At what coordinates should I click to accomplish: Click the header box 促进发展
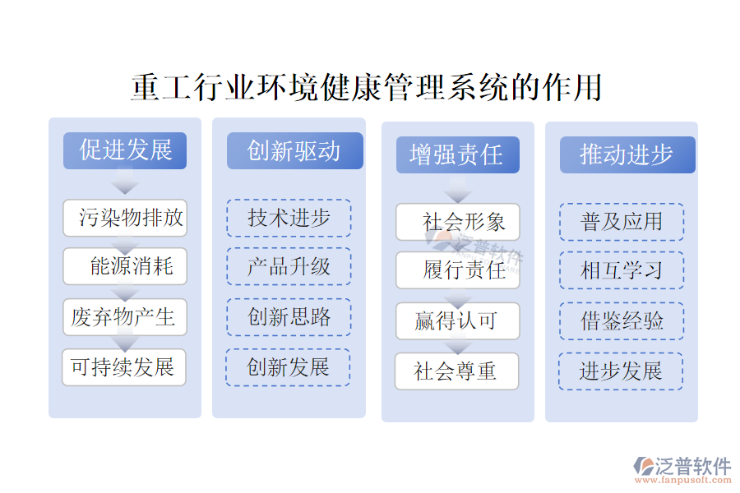tap(125, 151)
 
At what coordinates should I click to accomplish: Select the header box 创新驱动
tap(294, 151)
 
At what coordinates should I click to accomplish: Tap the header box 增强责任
tap(457, 154)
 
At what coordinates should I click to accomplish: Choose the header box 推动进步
tap(627, 154)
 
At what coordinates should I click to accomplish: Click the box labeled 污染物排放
tap(125, 218)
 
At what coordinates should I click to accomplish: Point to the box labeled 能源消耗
tap(125, 266)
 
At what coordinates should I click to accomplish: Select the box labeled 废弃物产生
tap(125, 317)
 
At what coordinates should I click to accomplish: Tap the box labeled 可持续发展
tap(124, 367)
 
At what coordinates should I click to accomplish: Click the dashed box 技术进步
tap(289, 218)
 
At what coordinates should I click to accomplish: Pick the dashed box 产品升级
tap(289, 266)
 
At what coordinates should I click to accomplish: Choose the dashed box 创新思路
tap(289, 317)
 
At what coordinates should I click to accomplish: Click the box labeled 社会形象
tap(458, 222)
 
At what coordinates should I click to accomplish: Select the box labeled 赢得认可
tap(458, 320)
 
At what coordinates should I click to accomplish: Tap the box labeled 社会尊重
tap(457, 371)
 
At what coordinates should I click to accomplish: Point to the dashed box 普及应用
tap(622, 222)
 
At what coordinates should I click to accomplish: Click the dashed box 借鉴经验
tap(622, 320)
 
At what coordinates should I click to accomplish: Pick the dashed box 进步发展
tap(621, 371)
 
